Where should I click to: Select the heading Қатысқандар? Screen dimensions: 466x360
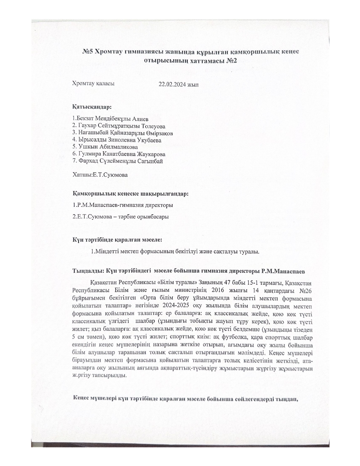tap(92, 107)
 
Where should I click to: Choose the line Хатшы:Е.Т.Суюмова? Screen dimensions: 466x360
tap(100, 175)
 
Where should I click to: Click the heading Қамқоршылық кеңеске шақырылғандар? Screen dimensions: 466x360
tap(130, 194)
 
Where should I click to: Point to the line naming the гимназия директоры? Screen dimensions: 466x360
tap(123, 205)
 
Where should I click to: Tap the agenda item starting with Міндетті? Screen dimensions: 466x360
tap(175, 251)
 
